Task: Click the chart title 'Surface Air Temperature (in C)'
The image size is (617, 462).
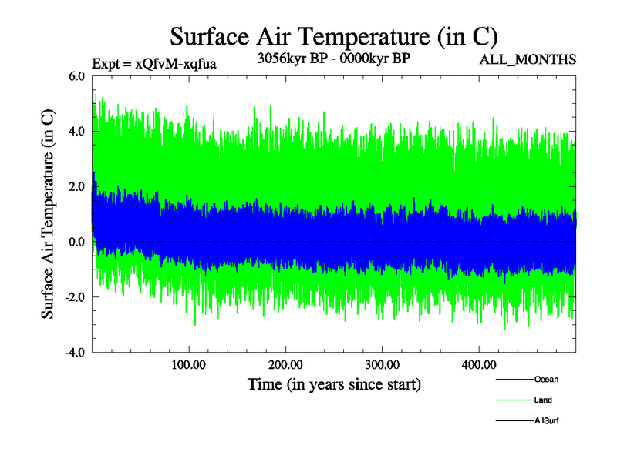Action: coord(334,36)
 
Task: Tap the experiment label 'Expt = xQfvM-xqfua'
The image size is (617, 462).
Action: coord(153,63)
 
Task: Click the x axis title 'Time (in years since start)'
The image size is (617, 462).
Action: coord(334,383)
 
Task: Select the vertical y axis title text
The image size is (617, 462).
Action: coord(48,215)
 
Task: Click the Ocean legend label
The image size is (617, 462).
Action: coord(547,380)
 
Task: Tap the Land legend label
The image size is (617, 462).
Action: coord(544,400)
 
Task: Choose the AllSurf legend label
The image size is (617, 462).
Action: coord(547,421)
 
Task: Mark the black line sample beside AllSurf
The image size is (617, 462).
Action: coord(514,421)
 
